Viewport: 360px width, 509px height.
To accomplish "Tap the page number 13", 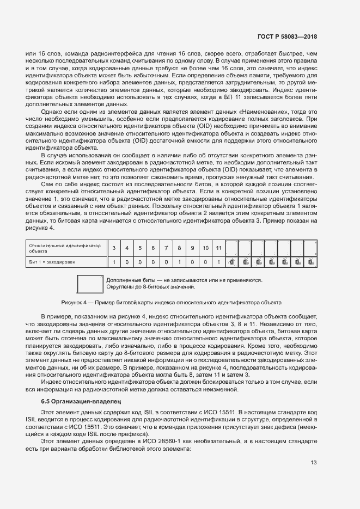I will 314,463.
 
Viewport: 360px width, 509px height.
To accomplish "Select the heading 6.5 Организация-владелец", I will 78,401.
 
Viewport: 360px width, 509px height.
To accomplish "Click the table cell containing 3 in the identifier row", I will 114,248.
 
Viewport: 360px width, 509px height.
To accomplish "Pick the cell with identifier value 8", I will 179,248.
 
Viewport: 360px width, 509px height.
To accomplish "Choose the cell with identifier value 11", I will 218,248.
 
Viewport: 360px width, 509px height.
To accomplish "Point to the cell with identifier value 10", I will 205,248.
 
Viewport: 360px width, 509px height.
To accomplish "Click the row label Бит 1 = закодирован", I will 52,262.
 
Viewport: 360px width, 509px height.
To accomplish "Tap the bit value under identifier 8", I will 179,262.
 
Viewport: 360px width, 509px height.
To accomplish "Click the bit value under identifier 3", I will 114,262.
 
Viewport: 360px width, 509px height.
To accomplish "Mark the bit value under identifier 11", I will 218,262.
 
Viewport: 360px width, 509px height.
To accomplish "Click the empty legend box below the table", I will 90,284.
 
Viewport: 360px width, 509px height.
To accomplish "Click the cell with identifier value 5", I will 140,248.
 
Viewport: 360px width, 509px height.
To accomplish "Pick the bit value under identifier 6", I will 153,262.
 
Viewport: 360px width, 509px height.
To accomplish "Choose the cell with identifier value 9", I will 192,248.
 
